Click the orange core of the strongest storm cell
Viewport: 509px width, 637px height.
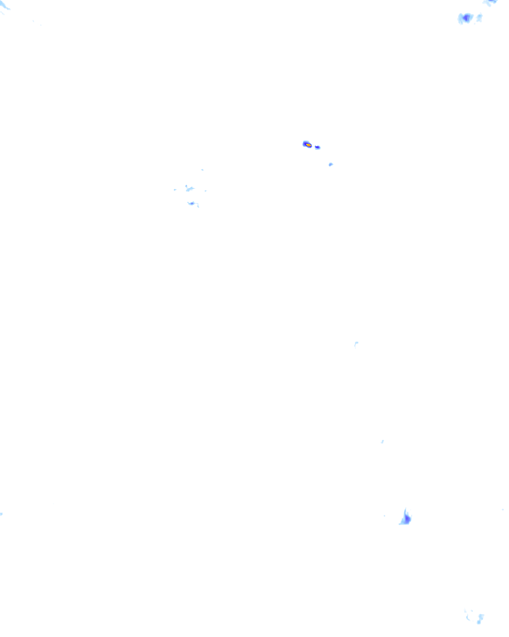pos(308,145)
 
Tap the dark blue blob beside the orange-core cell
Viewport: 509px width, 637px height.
pos(318,147)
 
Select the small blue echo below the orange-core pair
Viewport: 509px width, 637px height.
pos(331,164)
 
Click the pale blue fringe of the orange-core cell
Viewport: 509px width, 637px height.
pos(304,143)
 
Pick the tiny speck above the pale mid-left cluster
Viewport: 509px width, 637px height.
pos(202,170)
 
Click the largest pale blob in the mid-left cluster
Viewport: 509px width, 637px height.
pos(189,189)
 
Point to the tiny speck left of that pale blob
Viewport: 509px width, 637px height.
pos(175,190)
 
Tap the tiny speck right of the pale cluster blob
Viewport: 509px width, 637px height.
pos(205,191)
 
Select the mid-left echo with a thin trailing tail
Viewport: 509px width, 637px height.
pos(192,204)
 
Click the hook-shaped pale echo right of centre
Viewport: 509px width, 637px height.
pos(356,343)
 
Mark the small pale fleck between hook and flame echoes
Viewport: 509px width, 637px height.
pos(382,441)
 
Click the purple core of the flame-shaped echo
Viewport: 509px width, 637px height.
pos(407,519)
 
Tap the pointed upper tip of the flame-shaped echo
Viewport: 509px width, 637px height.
pos(406,509)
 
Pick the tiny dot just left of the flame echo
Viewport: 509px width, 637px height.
pos(384,516)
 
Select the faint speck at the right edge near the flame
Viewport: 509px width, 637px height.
pos(503,510)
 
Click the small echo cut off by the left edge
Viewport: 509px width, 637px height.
pos(1,514)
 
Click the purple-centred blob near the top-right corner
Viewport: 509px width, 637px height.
pos(466,18)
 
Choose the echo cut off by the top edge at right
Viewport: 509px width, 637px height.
pos(491,2)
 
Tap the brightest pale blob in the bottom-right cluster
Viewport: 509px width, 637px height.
pos(481,618)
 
